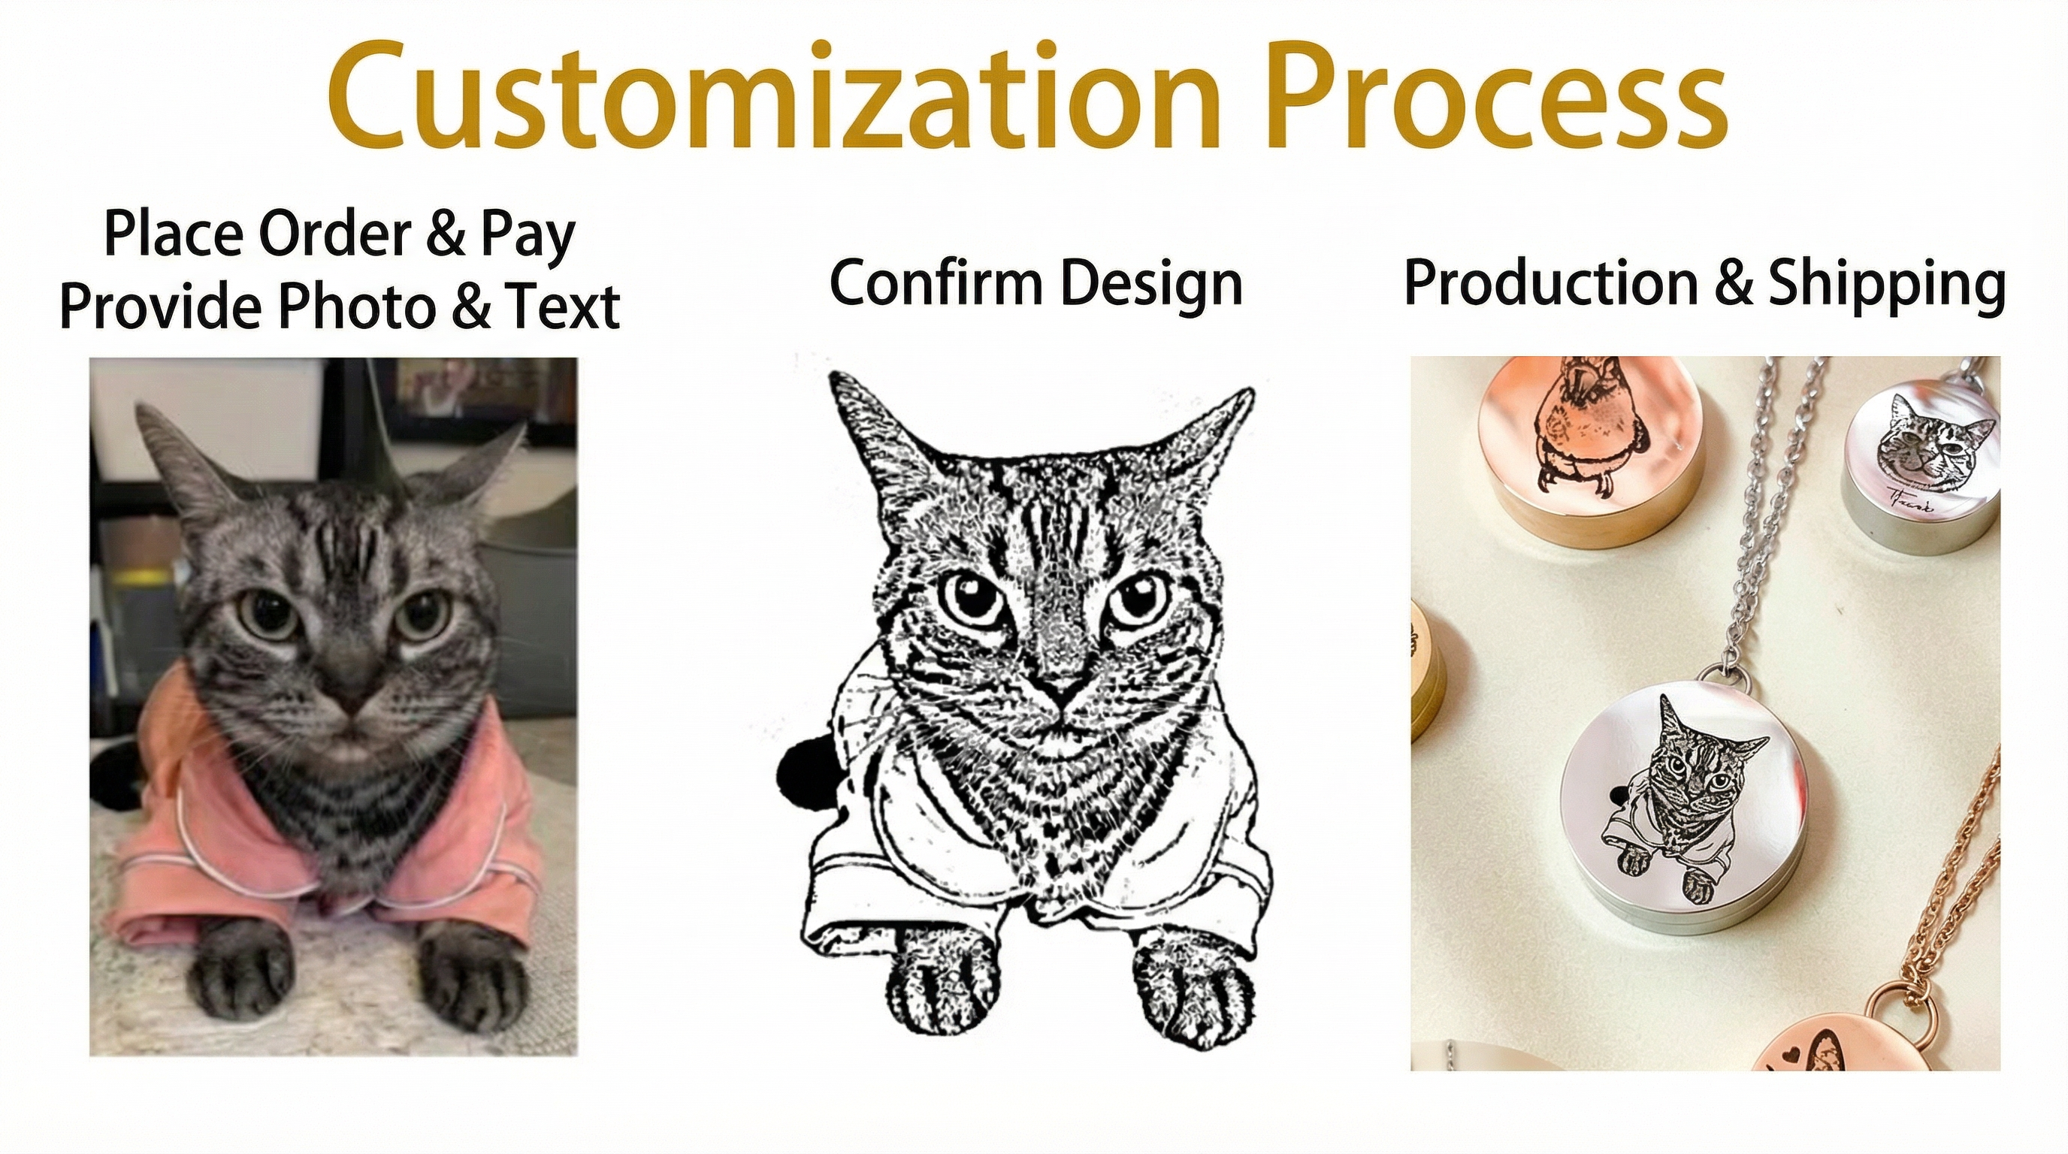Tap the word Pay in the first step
[528, 236]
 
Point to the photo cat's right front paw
[473, 979]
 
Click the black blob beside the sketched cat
[807, 775]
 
